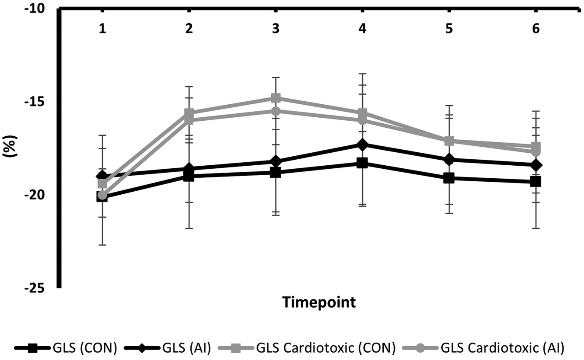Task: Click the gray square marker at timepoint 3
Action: tap(276, 97)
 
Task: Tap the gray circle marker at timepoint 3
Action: tap(276, 111)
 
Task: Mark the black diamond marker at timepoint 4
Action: tap(362, 145)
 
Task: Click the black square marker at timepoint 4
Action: tap(362, 163)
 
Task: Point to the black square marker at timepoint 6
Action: tap(536, 182)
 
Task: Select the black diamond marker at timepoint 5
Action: tap(449, 160)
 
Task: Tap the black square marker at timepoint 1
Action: tap(102, 197)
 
